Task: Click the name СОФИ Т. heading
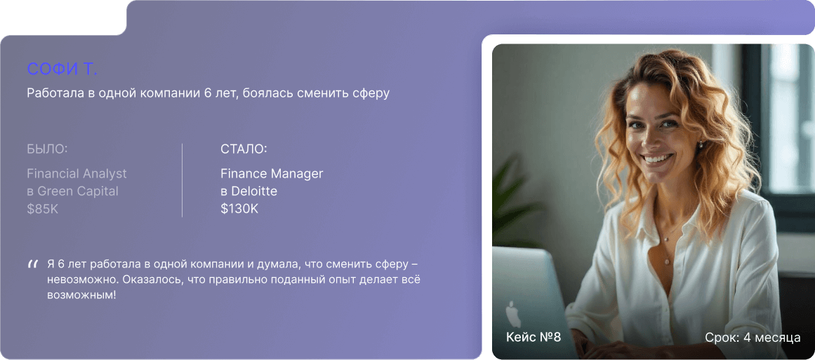click(62, 69)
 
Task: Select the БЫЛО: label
click(47, 149)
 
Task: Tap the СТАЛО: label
click(244, 149)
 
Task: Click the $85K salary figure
click(43, 209)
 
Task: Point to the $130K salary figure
click(239, 209)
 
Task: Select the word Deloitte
click(253, 191)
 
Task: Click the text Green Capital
click(77, 191)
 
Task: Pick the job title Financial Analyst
click(77, 173)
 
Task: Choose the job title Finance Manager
click(272, 173)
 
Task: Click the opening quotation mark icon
click(32, 265)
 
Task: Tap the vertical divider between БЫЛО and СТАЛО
click(182, 180)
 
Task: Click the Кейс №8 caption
click(534, 337)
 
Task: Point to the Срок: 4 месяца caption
click(753, 337)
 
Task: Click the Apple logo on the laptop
click(513, 314)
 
